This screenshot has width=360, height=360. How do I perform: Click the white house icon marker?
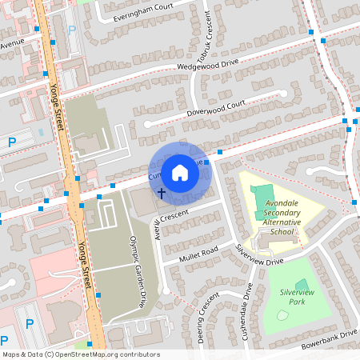(180, 172)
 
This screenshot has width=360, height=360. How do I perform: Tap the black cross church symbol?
(161, 193)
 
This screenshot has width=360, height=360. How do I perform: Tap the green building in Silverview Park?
(302, 285)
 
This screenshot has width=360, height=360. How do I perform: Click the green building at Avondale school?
(262, 194)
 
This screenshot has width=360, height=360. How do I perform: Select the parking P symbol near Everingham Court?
(72, 30)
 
